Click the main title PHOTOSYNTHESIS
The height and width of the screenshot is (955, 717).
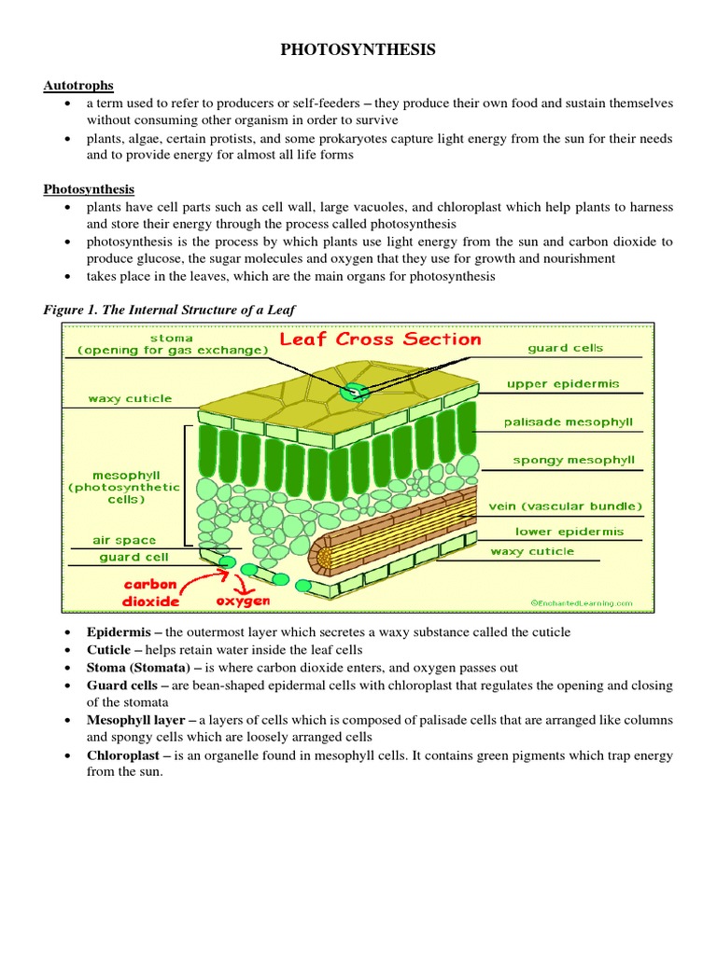(358, 50)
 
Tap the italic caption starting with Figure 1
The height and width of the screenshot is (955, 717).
(169, 309)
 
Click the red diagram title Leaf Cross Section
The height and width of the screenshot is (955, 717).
(381, 339)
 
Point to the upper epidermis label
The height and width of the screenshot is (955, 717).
(563, 383)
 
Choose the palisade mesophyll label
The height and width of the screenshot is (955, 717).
(568, 422)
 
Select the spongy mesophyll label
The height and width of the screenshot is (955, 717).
(573, 460)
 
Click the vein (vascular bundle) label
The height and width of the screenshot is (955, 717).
(566, 506)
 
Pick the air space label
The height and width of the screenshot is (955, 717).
(124, 540)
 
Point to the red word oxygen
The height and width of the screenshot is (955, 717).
(243, 602)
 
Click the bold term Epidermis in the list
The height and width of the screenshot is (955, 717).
(118, 632)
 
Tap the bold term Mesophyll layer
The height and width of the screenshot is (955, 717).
(134, 721)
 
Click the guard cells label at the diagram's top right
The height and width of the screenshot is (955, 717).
(565, 348)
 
